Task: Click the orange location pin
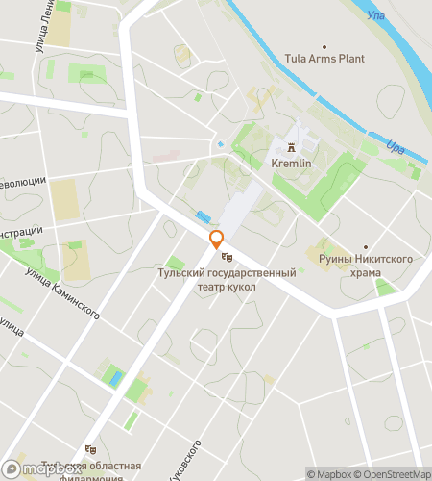217,240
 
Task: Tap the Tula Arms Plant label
324,59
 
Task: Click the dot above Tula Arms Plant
324,45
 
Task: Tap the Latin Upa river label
395,147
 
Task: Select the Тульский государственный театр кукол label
227,279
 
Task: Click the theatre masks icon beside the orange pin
227,257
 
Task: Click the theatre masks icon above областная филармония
90,448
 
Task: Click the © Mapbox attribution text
329,473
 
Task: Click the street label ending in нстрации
21,231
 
